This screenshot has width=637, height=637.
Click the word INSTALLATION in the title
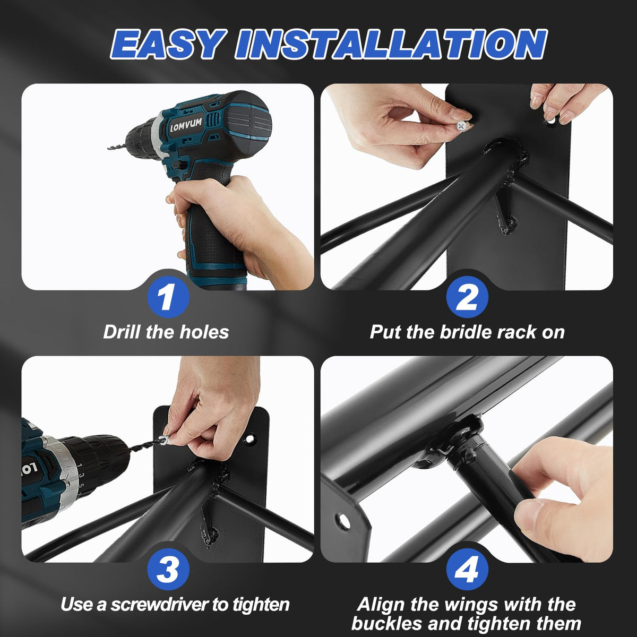391,44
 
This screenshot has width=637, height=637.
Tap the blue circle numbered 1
168,297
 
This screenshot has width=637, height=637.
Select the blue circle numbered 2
467,297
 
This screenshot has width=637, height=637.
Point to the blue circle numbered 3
168,569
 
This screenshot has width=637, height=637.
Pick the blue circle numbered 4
467,569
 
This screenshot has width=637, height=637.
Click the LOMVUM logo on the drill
186,125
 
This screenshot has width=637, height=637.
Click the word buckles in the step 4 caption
387,624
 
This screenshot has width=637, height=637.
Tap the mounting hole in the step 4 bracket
343,521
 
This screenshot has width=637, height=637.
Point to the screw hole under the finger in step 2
550,122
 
